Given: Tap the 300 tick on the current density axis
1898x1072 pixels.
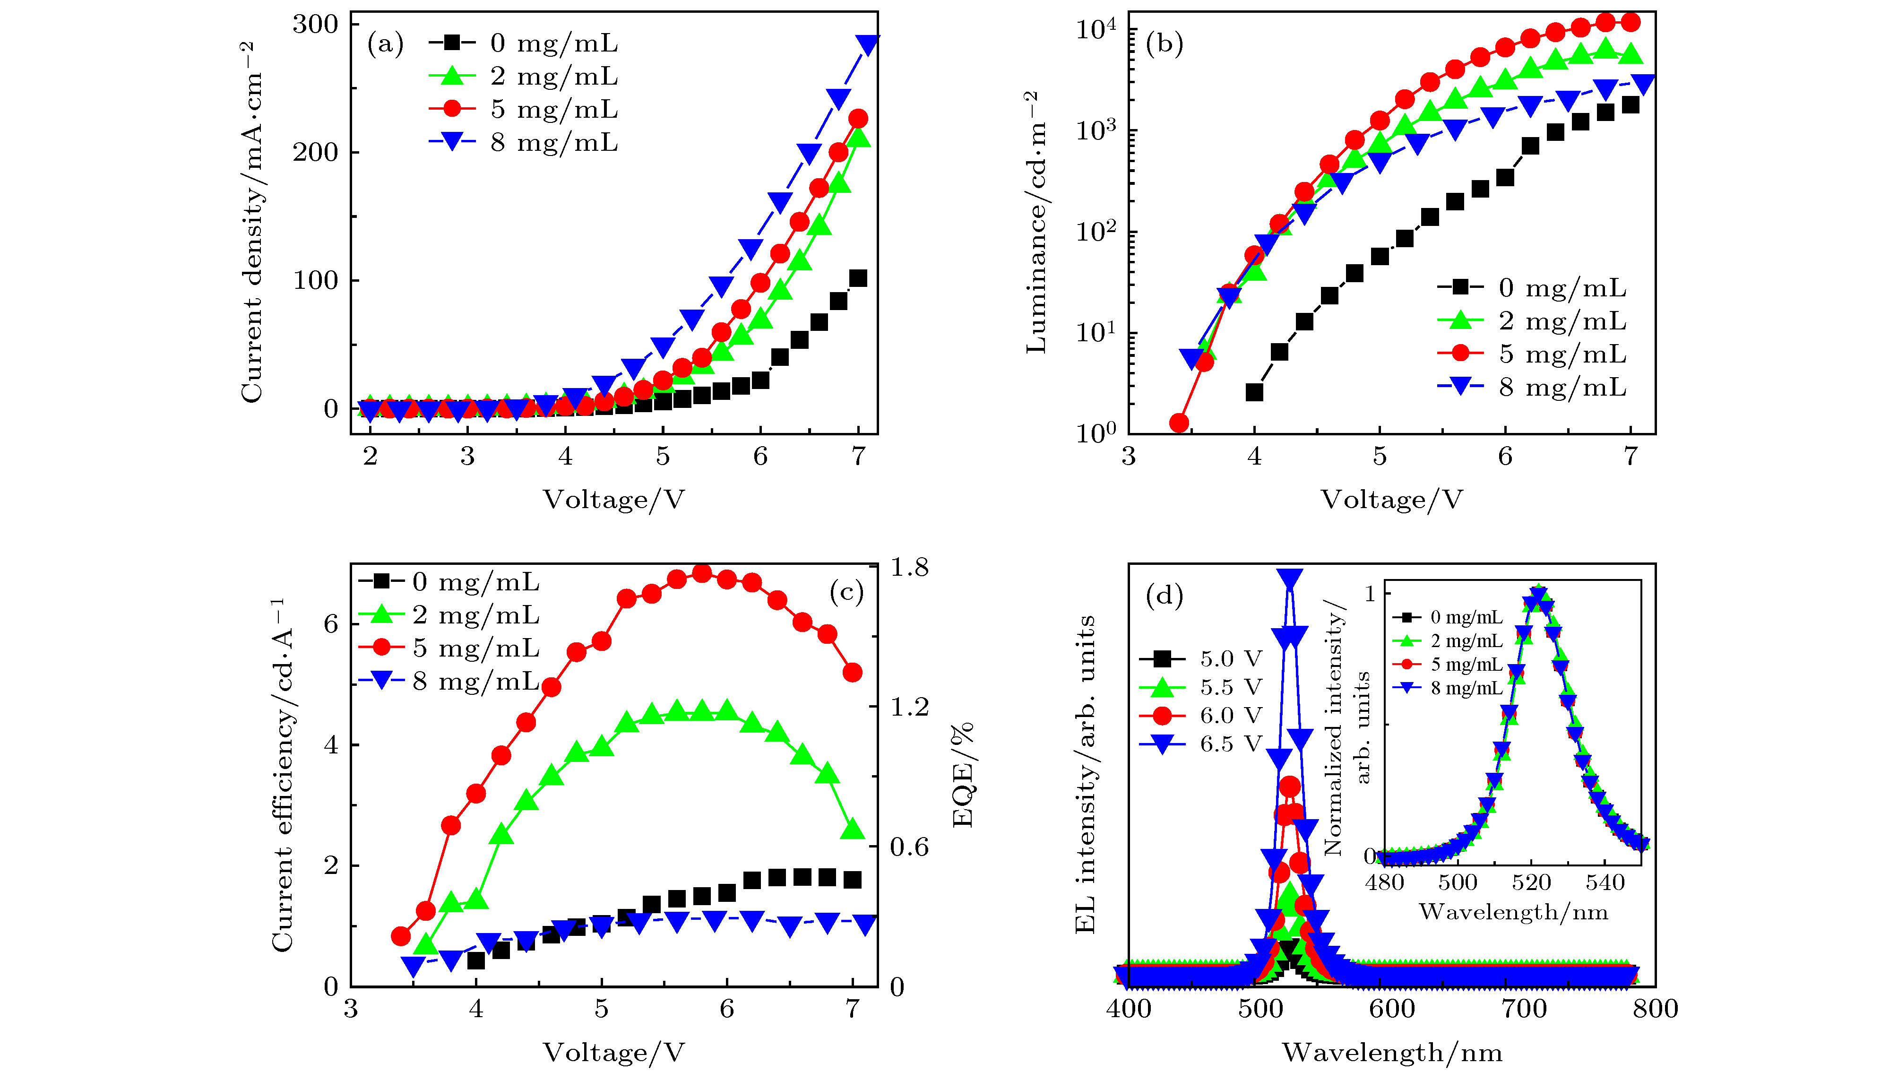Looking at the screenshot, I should (315, 24).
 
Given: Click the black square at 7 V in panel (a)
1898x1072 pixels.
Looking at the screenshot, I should (858, 278).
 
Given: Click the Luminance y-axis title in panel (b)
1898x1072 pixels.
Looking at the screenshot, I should (1035, 221).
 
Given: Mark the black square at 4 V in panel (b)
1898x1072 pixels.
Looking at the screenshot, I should (1254, 392).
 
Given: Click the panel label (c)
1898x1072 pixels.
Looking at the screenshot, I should (846, 592).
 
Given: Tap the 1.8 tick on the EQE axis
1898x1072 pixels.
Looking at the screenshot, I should (909, 567).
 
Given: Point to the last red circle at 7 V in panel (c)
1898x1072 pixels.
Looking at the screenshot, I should (853, 672).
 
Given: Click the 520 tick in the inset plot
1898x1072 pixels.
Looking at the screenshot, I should (1532, 882).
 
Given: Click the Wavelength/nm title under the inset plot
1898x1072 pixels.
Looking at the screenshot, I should (1513, 912).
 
